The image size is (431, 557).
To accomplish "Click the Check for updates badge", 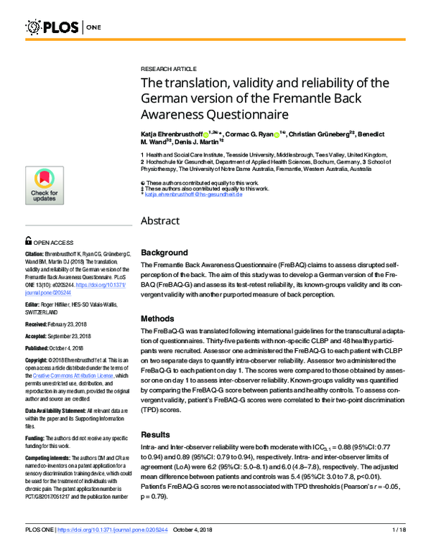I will [x=45, y=188].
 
